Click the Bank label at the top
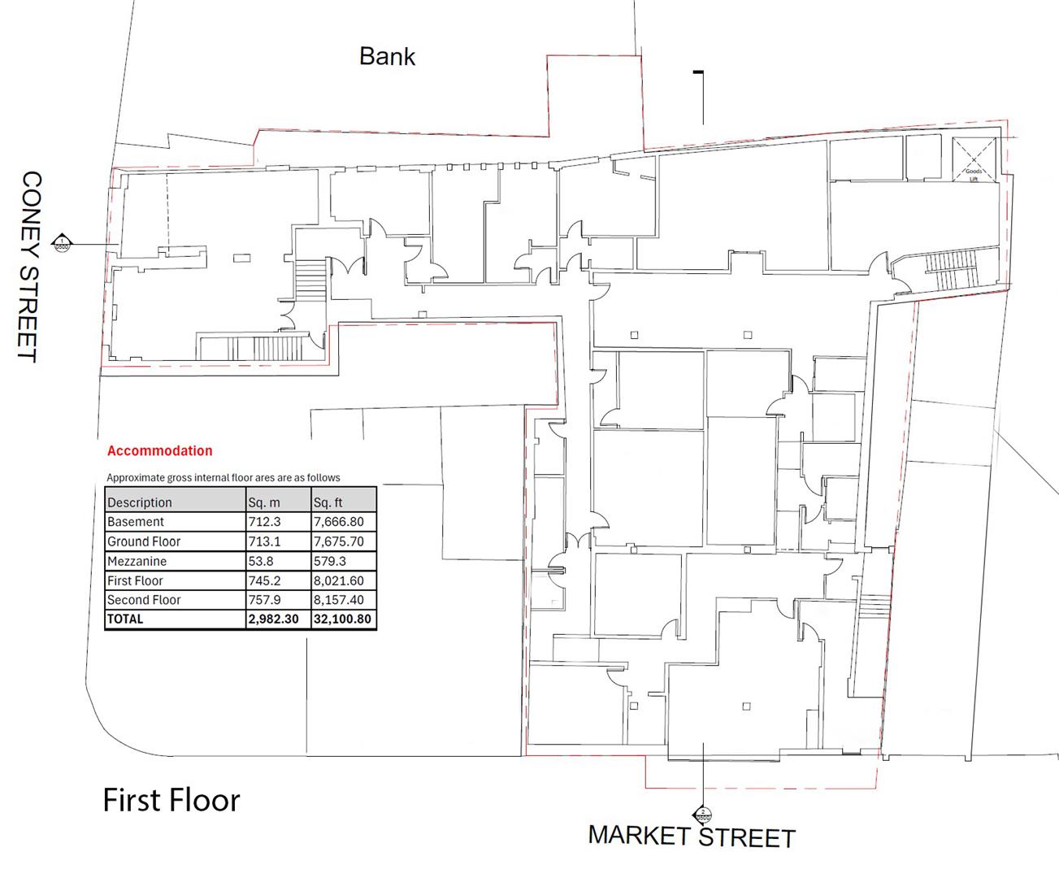click(387, 56)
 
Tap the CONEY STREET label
click(30, 266)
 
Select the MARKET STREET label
click(692, 837)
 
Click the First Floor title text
click(171, 800)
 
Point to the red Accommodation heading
click(159, 451)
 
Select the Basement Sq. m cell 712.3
click(277, 522)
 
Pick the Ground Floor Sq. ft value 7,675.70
click(342, 541)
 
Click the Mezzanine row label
click(137, 561)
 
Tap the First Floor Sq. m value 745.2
click(277, 580)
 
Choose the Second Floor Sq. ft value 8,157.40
click(342, 600)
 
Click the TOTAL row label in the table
click(125, 619)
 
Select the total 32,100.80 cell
click(342, 619)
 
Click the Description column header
click(140, 502)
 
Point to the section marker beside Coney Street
click(62, 242)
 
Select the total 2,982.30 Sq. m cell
click(277, 619)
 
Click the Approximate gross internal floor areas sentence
click(224, 477)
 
